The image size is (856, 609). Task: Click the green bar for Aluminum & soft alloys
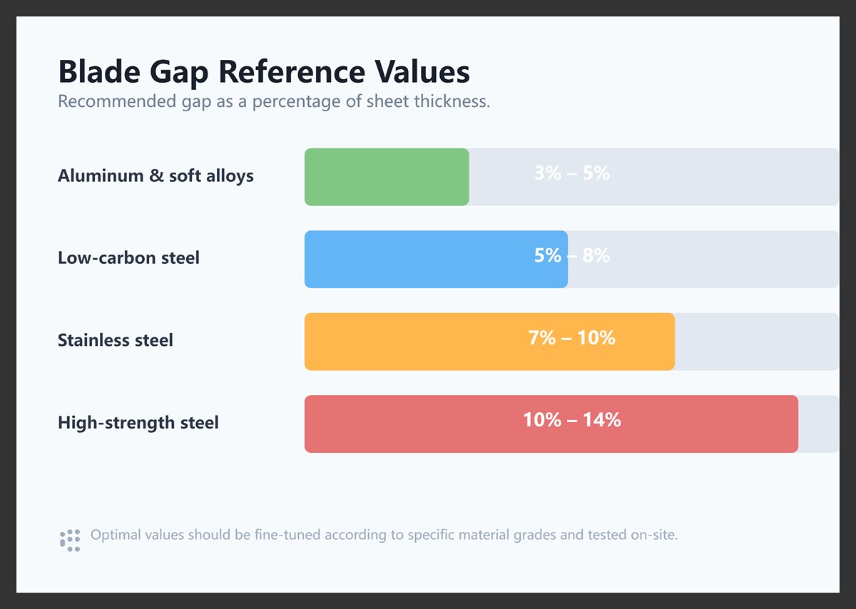click(x=387, y=177)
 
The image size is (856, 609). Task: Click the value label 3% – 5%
click(x=571, y=173)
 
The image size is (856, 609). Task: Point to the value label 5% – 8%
click(x=571, y=255)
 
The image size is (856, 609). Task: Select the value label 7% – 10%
click(x=571, y=337)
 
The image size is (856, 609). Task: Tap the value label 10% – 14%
click(x=571, y=420)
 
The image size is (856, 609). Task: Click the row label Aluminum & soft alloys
click(x=156, y=176)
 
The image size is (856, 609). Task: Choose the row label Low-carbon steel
click(x=128, y=258)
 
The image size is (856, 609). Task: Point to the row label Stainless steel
click(x=116, y=340)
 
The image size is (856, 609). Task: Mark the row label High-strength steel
click(x=138, y=423)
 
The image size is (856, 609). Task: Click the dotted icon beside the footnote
click(x=70, y=540)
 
